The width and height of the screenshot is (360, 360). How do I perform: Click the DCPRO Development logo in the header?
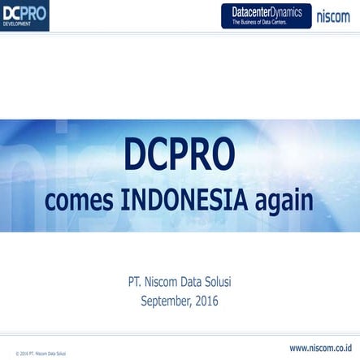[24, 15]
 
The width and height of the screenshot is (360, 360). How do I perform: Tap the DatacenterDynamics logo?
[266, 15]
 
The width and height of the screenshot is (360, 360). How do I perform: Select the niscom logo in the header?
[333, 15]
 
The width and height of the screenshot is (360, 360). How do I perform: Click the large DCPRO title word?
[180, 154]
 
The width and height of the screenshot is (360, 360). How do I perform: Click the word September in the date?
[166, 301]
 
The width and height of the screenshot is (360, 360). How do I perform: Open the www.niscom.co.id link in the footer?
[320, 348]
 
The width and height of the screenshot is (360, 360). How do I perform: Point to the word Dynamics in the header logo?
[285, 11]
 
